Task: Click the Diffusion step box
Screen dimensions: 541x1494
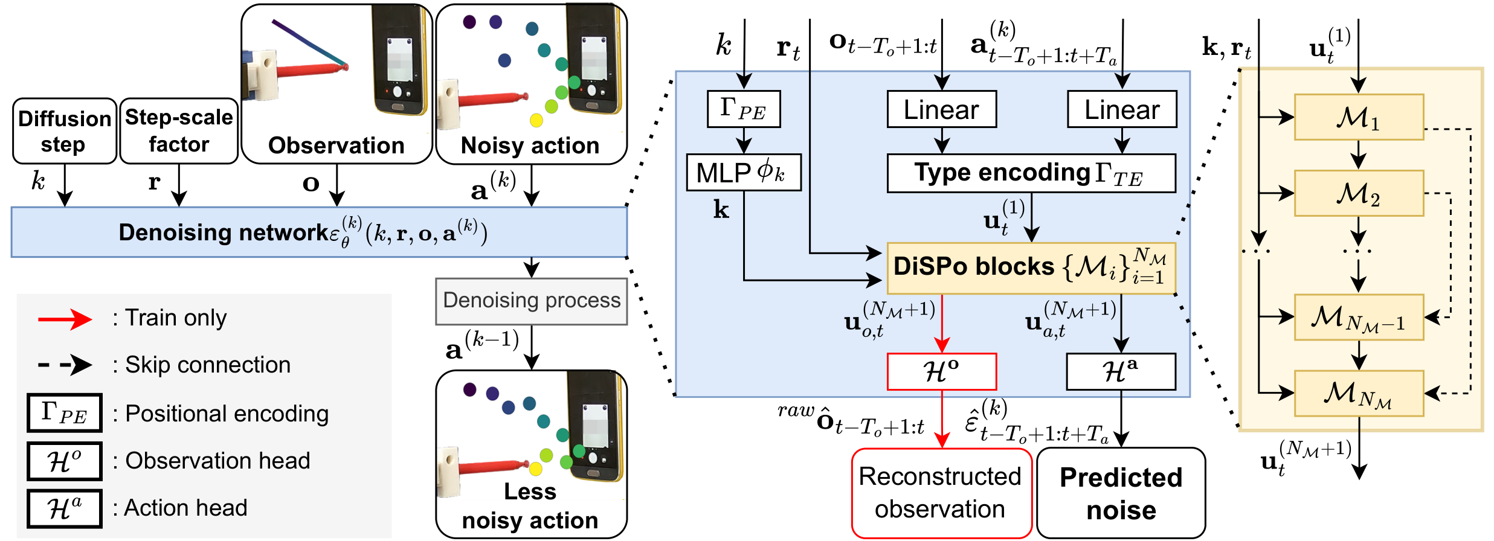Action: point(65,131)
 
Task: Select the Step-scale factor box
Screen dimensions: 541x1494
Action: point(179,131)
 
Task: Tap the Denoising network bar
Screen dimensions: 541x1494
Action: point(319,232)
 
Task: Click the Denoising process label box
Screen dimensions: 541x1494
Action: point(532,301)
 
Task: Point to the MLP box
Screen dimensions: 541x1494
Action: point(744,173)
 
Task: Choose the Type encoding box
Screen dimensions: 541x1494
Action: point(1031,173)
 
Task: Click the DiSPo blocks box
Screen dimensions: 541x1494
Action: point(1031,268)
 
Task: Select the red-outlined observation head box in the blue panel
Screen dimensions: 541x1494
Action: point(941,371)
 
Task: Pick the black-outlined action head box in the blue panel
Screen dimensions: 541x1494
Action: point(1121,371)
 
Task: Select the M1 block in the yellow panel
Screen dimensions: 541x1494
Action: point(1359,117)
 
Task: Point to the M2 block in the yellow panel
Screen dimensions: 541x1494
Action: point(1359,193)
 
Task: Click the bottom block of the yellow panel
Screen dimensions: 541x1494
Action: point(1359,394)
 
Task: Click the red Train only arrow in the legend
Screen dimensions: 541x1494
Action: point(65,318)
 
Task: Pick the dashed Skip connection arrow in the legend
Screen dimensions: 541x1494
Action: point(65,365)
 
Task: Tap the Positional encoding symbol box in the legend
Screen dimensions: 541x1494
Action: point(65,413)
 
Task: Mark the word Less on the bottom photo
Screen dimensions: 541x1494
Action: point(530,491)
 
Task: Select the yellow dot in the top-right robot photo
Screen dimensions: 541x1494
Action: point(536,120)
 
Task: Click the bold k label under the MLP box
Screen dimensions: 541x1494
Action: point(721,210)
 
